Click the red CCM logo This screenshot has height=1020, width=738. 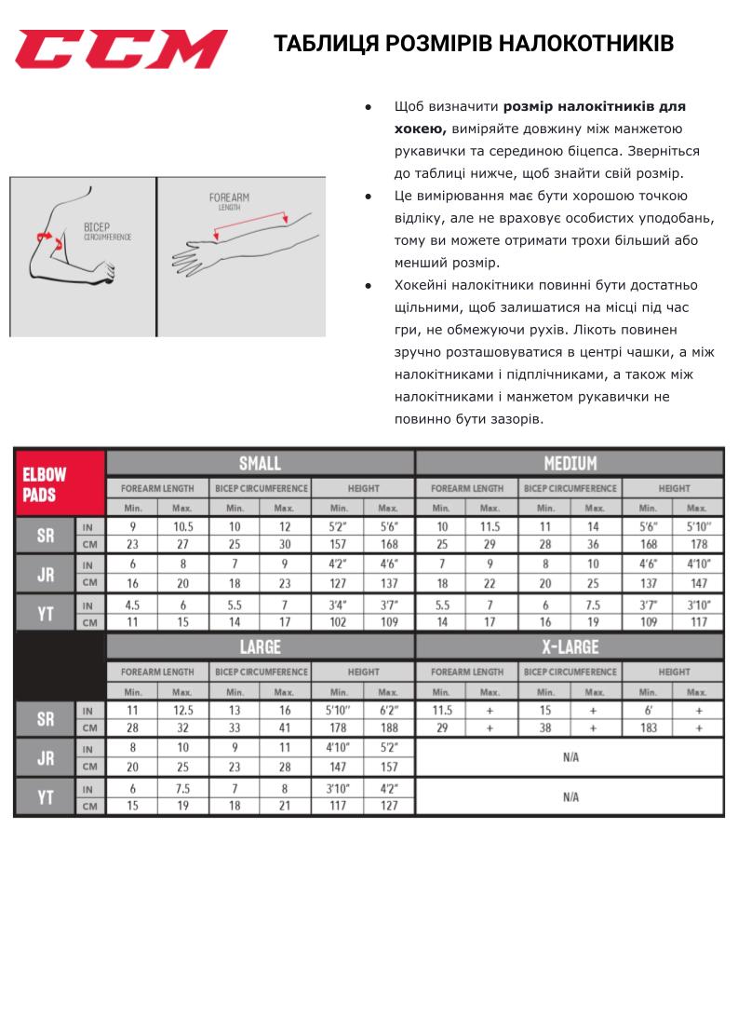pos(121,48)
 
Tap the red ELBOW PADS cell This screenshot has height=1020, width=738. pos(59,483)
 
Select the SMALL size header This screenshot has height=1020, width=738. pos(260,463)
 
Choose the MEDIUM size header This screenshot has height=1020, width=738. pos(570,463)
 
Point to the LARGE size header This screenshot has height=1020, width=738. pos(260,646)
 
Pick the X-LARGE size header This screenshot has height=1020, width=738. pos(570,646)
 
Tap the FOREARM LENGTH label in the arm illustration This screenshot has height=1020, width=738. pos(229,200)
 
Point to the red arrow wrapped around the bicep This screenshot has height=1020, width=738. pos(48,239)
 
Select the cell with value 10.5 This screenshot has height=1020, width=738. pos(182,526)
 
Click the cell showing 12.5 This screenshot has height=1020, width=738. pos(182,710)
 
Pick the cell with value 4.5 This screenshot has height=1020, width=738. pos(132,605)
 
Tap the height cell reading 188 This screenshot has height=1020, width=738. pos(389,728)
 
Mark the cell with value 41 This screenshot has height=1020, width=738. pos(285,728)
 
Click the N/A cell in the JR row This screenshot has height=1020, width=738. pos(570,757)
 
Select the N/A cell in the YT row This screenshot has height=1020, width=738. pos(570,797)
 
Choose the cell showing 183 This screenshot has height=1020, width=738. pos(648,728)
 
